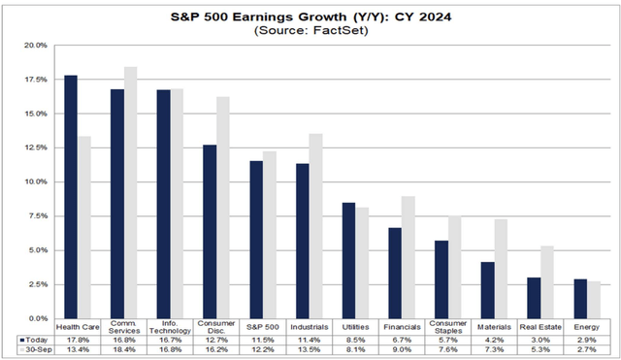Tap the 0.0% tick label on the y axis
click(35, 318)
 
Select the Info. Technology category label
click(172, 327)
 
